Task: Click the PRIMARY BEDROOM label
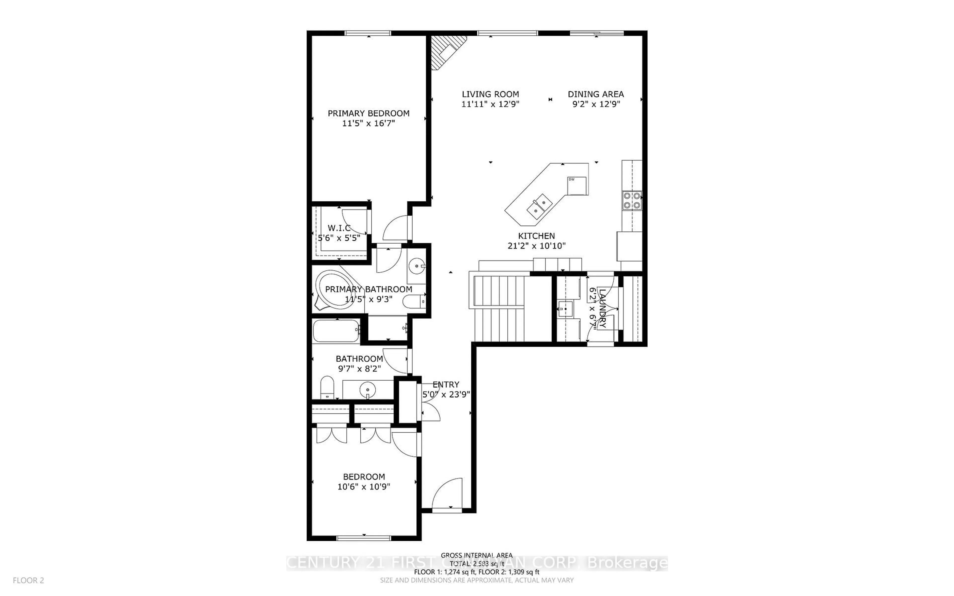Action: pos(368,113)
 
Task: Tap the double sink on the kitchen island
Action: pos(539,206)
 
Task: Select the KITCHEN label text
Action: pos(536,236)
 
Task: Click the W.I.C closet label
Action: pos(339,228)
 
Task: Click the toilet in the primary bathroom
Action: pos(414,302)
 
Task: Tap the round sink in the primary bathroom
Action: pos(416,266)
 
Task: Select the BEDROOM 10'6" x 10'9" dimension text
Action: pos(363,487)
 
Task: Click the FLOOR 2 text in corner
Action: pos(28,580)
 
